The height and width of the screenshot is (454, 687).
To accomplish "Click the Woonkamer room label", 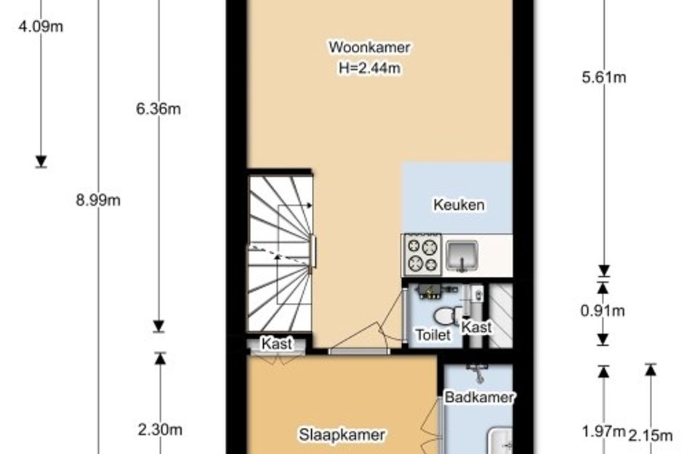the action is point(369,46).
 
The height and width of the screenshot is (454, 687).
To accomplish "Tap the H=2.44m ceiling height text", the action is point(369,68).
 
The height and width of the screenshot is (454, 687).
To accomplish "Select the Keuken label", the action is point(459,204).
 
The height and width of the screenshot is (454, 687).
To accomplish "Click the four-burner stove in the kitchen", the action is point(422,254).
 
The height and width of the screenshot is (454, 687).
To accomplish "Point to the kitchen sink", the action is point(462,255).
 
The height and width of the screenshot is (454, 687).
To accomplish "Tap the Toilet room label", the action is point(433,335).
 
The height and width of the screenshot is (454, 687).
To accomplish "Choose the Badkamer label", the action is point(479,397).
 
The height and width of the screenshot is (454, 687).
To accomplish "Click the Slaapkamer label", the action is point(342,434).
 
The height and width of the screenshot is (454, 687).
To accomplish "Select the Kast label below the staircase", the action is point(277,344).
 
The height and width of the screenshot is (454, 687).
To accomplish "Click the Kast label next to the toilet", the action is point(476,327).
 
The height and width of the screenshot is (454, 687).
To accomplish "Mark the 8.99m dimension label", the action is point(98,200).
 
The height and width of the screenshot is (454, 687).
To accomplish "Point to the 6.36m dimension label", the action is point(158,108).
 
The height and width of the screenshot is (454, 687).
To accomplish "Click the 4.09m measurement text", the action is point(40,26).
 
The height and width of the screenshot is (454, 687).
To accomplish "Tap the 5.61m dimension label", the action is point(603,77).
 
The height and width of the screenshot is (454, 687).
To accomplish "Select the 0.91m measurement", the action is point(603,310).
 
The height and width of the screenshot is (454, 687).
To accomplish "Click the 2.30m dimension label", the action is point(160,429).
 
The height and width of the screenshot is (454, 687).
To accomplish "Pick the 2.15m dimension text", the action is point(650,435).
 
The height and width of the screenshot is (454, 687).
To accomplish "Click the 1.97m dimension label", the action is point(603,431).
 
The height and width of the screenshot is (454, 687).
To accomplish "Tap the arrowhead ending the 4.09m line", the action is point(41,161).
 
